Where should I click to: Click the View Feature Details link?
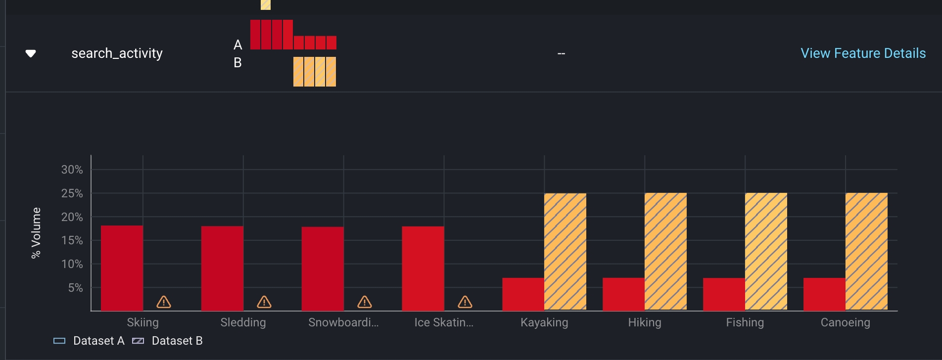tap(863, 53)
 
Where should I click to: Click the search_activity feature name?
tap(117, 53)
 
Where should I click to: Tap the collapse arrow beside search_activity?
tap(31, 53)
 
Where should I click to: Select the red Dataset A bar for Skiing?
tap(122, 268)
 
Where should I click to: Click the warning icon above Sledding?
tap(264, 302)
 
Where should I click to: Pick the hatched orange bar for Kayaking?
tap(565, 251)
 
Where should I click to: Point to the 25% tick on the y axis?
tap(72, 193)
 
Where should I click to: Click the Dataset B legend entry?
tap(168, 341)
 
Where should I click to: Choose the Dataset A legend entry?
tap(90, 341)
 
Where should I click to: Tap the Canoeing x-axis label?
tap(845, 322)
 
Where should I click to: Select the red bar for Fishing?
tap(724, 294)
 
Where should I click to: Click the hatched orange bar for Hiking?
tap(665, 251)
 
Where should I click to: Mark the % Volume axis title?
tap(36, 232)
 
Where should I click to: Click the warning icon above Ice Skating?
tap(465, 302)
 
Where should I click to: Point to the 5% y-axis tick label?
tap(75, 288)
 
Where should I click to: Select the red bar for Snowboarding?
tap(323, 269)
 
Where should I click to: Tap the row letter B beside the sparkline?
tap(237, 63)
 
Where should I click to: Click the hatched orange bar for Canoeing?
tap(866, 251)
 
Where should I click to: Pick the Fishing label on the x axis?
tap(745, 322)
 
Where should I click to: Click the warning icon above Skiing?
tap(164, 302)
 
